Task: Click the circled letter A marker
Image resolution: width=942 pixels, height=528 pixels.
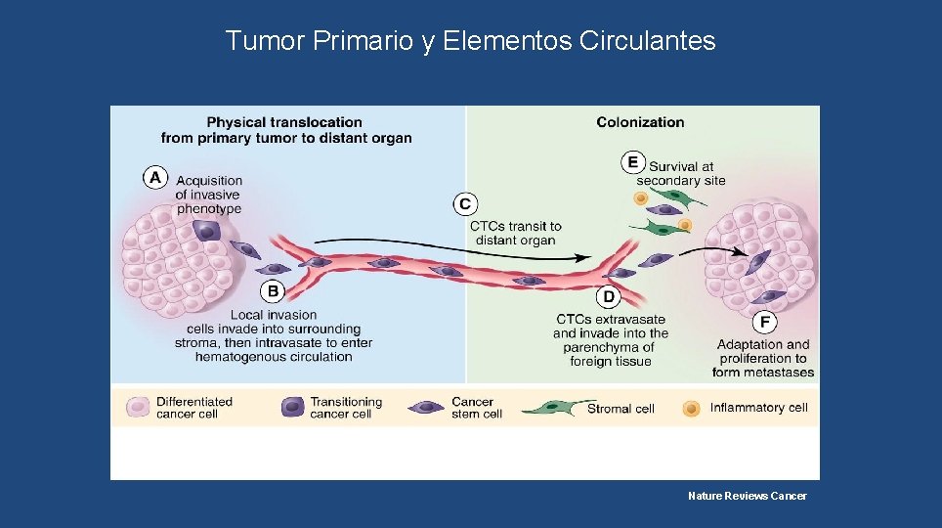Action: pyautogui.click(x=154, y=177)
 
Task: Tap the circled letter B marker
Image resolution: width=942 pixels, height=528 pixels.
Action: pyautogui.click(x=273, y=290)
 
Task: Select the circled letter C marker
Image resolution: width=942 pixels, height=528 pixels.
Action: pyautogui.click(x=465, y=203)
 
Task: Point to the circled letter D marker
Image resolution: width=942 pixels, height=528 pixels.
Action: pyautogui.click(x=609, y=295)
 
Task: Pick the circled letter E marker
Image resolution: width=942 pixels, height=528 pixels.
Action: pyautogui.click(x=633, y=161)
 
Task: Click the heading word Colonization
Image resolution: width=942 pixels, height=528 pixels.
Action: pyautogui.click(x=640, y=122)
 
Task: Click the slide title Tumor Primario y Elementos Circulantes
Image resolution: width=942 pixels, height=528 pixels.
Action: pyautogui.click(x=470, y=41)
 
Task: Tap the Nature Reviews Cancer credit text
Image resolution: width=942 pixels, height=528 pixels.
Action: pyautogui.click(x=747, y=496)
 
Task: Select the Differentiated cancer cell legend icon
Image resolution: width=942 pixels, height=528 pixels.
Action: pyautogui.click(x=140, y=407)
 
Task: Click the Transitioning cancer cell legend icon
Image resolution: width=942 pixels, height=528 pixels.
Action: pyautogui.click(x=292, y=407)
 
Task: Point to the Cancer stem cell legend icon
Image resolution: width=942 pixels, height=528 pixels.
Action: pyautogui.click(x=427, y=407)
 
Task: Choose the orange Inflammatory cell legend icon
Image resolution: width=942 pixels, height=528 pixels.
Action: pyautogui.click(x=691, y=407)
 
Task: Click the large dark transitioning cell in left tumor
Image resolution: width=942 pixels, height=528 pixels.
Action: pyautogui.click(x=206, y=231)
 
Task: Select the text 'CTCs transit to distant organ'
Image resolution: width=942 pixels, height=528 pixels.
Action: pyautogui.click(x=515, y=233)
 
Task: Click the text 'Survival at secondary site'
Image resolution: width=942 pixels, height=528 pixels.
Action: pyautogui.click(x=681, y=173)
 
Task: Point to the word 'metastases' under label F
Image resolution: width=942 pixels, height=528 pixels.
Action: pyautogui.click(x=777, y=373)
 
